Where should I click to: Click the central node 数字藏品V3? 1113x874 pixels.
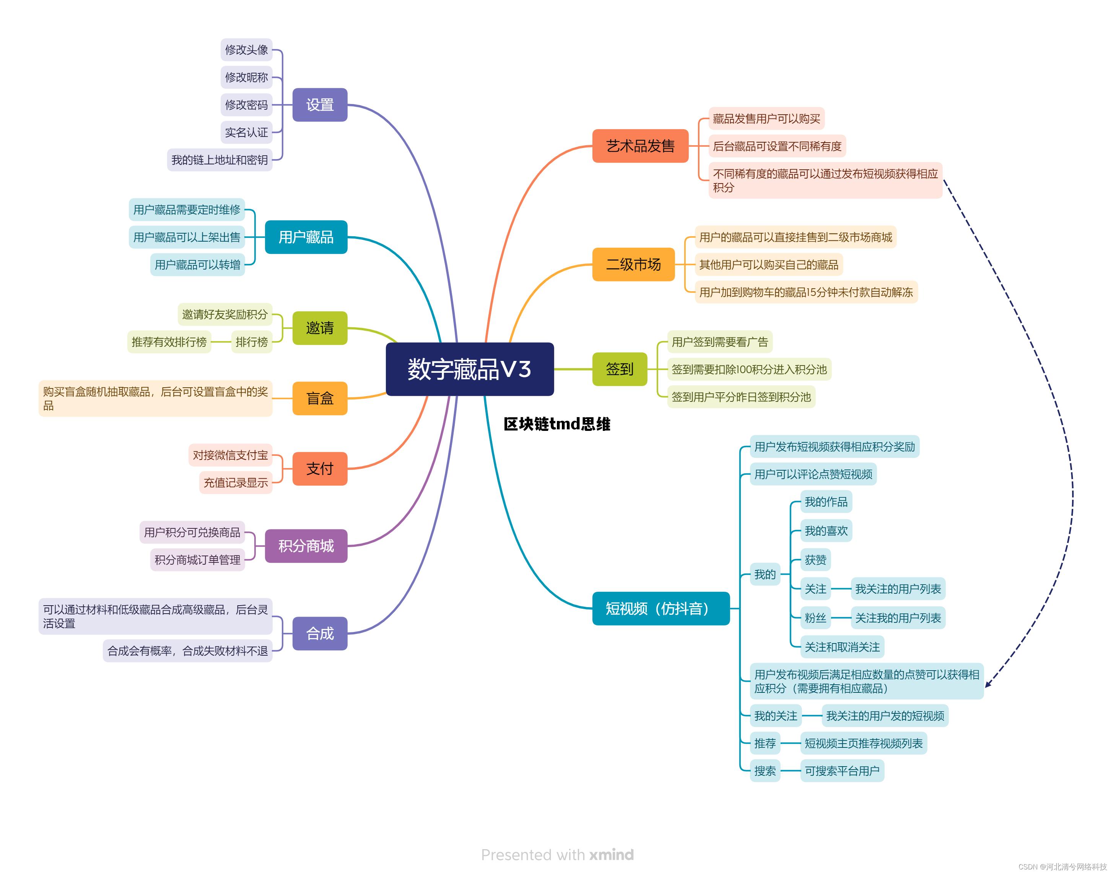[x=469, y=369]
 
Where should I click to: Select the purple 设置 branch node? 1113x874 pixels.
[x=319, y=105]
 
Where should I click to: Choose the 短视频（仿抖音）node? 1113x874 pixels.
[x=660, y=608]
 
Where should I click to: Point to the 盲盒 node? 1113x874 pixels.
[x=319, y=398]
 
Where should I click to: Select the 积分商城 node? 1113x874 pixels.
[x=306, y=546]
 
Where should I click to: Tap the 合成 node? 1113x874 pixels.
[x=319, y=634]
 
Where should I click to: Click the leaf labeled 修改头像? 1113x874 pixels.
[x=246, y=50]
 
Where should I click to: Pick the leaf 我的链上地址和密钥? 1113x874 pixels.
[x=219, y=160]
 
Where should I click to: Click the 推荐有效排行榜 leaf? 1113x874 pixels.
[x=169, y=342]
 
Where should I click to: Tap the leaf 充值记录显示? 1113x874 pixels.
[x=236, y=482]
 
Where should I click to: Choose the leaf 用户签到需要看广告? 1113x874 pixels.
[x=719, y=342]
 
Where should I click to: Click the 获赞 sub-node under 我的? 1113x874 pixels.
[x=815, y=560]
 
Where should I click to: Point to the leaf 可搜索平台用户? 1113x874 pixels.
[x=842, y=771]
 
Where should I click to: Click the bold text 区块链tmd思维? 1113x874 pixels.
[x=556, y=424]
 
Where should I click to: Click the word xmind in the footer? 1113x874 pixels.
[x=611, y=855]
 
